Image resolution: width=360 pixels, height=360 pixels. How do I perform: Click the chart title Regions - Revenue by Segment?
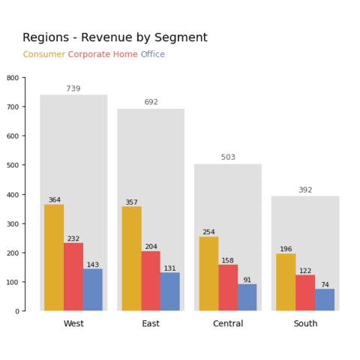point(115,38)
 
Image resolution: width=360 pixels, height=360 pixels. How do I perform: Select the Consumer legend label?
point(43,55)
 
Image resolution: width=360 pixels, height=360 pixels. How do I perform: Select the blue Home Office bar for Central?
point(247,297)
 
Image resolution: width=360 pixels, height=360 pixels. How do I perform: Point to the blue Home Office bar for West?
point(93,289)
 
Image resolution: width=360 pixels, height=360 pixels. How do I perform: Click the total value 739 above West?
point(73,89)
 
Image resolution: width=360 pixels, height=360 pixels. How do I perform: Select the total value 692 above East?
point(151,103)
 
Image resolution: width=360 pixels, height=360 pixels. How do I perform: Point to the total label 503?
point(228,157)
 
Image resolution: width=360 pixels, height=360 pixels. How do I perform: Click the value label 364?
point(54,200)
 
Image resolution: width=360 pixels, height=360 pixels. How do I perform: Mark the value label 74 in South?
point(325,285)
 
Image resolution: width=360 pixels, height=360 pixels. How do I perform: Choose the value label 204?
point(151,247)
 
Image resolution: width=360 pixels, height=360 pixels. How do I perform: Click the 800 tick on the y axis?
point(12,78)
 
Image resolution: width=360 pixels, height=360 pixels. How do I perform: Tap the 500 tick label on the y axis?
point(12,166)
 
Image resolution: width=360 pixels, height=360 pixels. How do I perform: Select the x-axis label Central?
point(228,324)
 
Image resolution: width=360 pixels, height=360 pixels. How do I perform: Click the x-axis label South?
point(305,324)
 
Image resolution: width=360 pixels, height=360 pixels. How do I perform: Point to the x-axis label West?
point(73,324)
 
